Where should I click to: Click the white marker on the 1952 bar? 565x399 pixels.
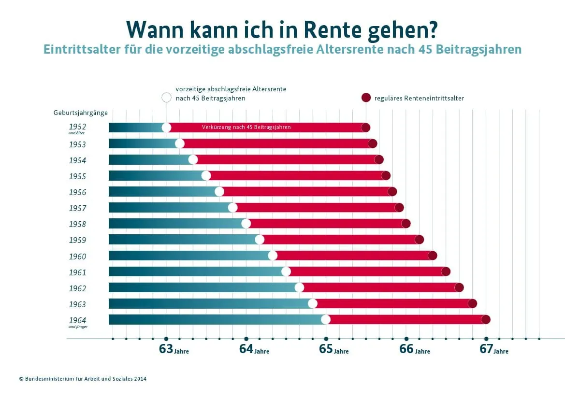166,128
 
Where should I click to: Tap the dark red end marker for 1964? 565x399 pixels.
486,319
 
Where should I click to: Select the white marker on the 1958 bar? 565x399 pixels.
246,223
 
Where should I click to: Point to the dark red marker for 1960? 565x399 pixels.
433,256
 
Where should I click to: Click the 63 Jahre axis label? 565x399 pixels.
174,349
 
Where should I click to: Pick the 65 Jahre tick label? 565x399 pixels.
333,349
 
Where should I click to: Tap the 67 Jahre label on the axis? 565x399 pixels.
493,349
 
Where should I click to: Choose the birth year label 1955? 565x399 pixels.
77,176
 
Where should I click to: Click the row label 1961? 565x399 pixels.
77,272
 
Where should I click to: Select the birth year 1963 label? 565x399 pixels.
77,304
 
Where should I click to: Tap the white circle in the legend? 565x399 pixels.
166,98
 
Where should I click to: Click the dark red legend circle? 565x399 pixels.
366,98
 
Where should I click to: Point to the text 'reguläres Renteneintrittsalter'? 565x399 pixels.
419,98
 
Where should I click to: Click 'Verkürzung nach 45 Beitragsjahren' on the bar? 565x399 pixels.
246,128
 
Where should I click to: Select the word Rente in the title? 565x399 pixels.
334,29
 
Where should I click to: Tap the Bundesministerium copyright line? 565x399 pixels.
83,379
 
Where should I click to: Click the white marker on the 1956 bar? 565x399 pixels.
219,191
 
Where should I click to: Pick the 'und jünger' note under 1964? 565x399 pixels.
78,327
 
